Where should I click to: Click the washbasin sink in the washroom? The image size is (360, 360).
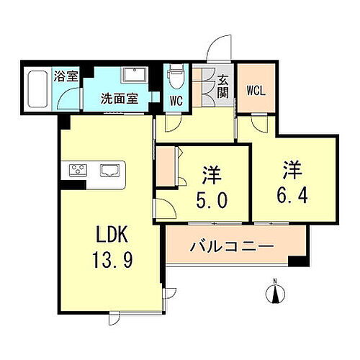pos(135,77)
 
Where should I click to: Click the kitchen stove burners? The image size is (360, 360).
pos(77,171)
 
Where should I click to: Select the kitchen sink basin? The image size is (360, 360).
pos(110,171)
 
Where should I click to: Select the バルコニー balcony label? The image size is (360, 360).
pos(232,247)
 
